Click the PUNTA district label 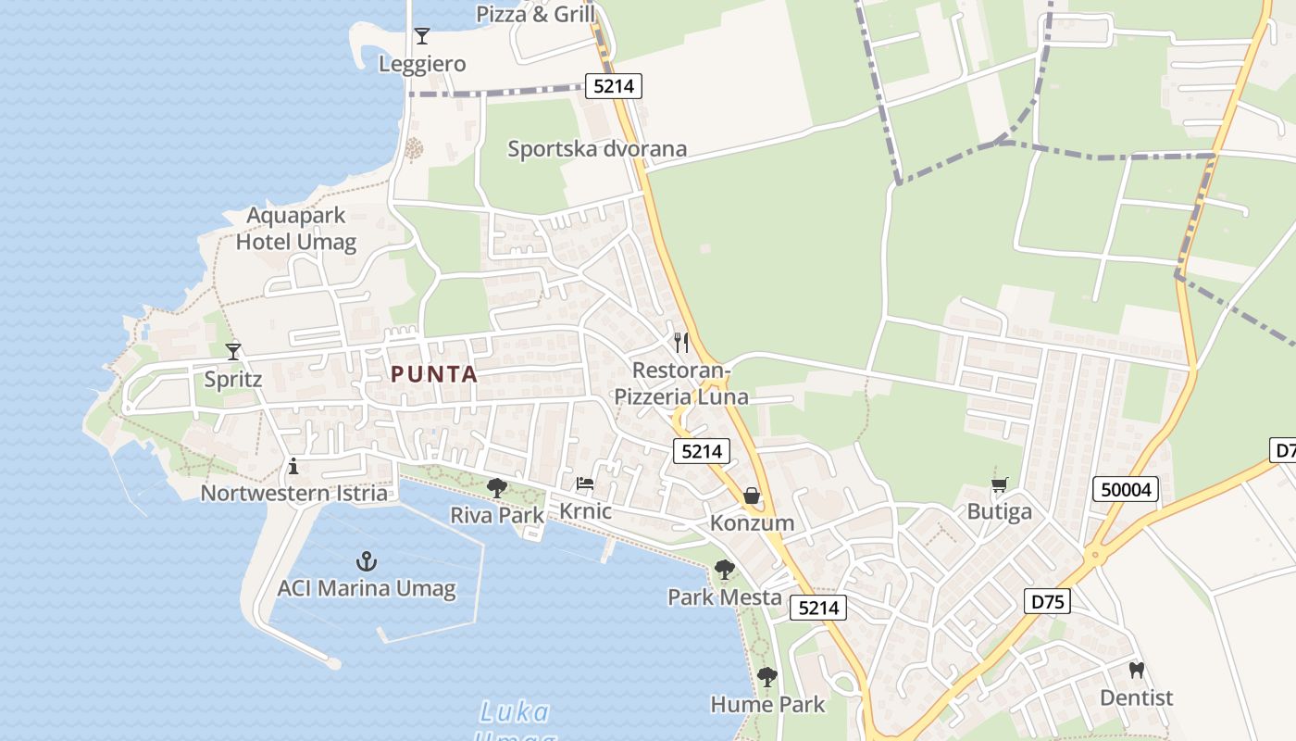click(434, 375)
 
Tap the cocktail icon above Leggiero click(422, 36)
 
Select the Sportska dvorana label click(597, 148)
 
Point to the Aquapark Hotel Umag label click(296, 229)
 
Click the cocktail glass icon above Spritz click(233, 352)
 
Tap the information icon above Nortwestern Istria click(293, 466)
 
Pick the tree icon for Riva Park click(497, 487)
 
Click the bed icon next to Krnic click(585, 484)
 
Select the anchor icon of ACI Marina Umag click(367, 561)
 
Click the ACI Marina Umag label click(367, 588)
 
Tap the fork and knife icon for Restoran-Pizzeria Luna click(681, 343)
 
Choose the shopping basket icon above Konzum click(752, 496)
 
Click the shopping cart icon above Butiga click(999, 484)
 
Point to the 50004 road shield click(1126, 489)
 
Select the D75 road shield click(1048, 601)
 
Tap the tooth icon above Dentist click(1137, 670)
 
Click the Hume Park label click(767, 705)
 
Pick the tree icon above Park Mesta click(725, 570)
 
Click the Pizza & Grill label click(536, 14)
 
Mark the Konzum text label click(752, 522)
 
